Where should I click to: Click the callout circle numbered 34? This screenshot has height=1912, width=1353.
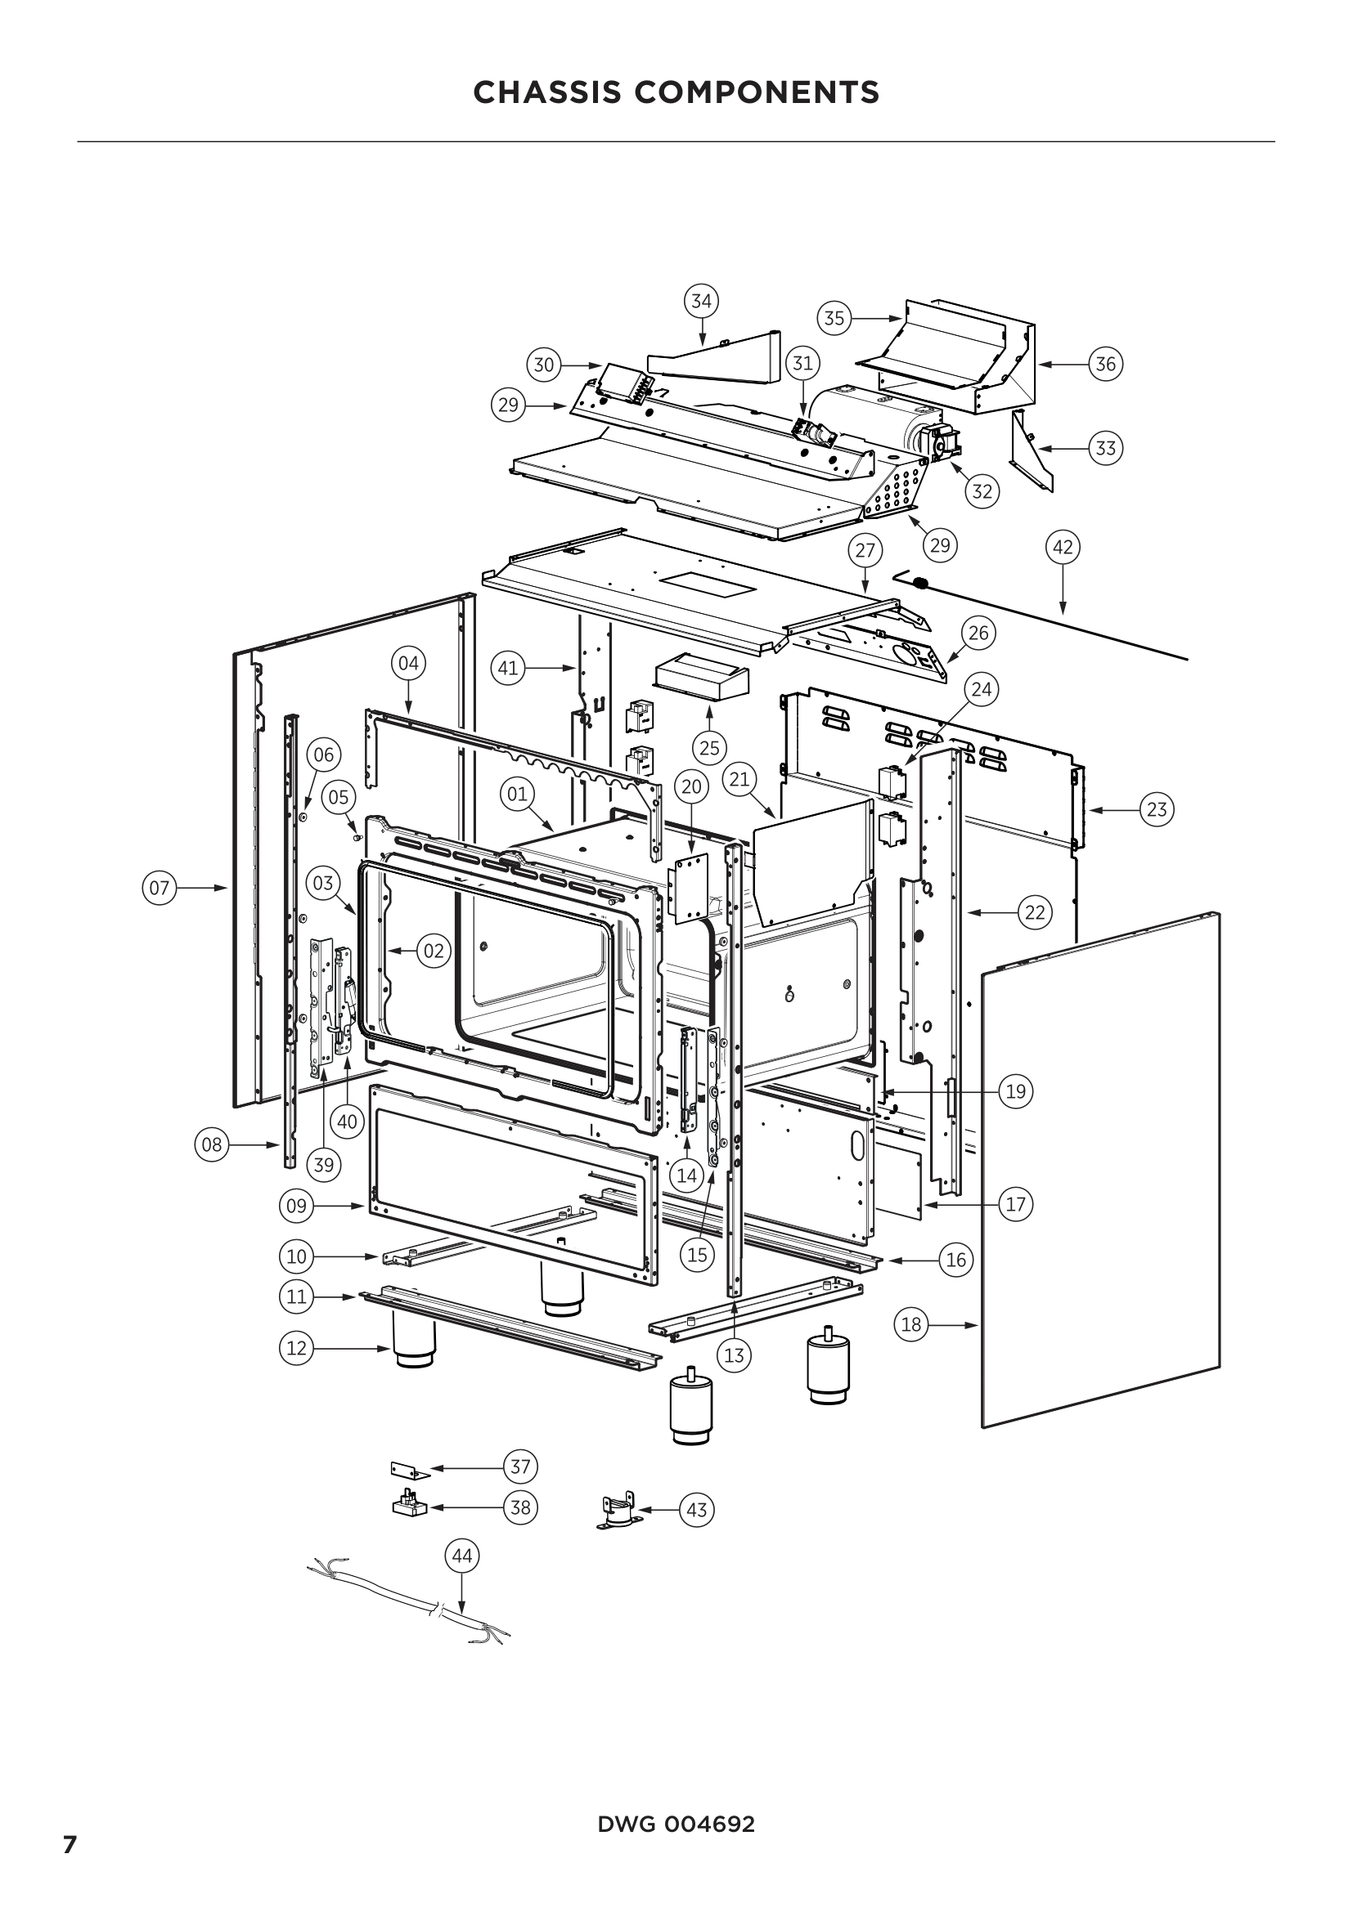[x=702, y=301]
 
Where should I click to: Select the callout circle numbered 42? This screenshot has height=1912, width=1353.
[x=1063, y=547]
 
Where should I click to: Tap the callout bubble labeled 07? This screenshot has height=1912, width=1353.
[x=160, y=888]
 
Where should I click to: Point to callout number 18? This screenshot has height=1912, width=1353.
[x=911, y=1324]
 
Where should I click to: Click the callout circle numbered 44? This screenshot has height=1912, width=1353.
[x=461, y=1556]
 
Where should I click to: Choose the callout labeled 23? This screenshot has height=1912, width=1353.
[x=1157, y=808]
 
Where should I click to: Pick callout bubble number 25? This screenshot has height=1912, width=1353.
[x=709, y=747]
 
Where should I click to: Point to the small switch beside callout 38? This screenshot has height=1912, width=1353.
[x=409, y=1506]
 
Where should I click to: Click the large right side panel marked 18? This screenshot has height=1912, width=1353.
[x=1099, y=1166]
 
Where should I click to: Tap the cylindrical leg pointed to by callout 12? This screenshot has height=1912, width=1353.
[x=414, y=1346]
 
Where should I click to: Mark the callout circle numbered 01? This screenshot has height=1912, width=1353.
[x=517, y=794]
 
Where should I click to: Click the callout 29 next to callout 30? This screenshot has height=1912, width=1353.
[x=507, y=405]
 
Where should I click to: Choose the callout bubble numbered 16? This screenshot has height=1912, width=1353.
[x=955, y=1260]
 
